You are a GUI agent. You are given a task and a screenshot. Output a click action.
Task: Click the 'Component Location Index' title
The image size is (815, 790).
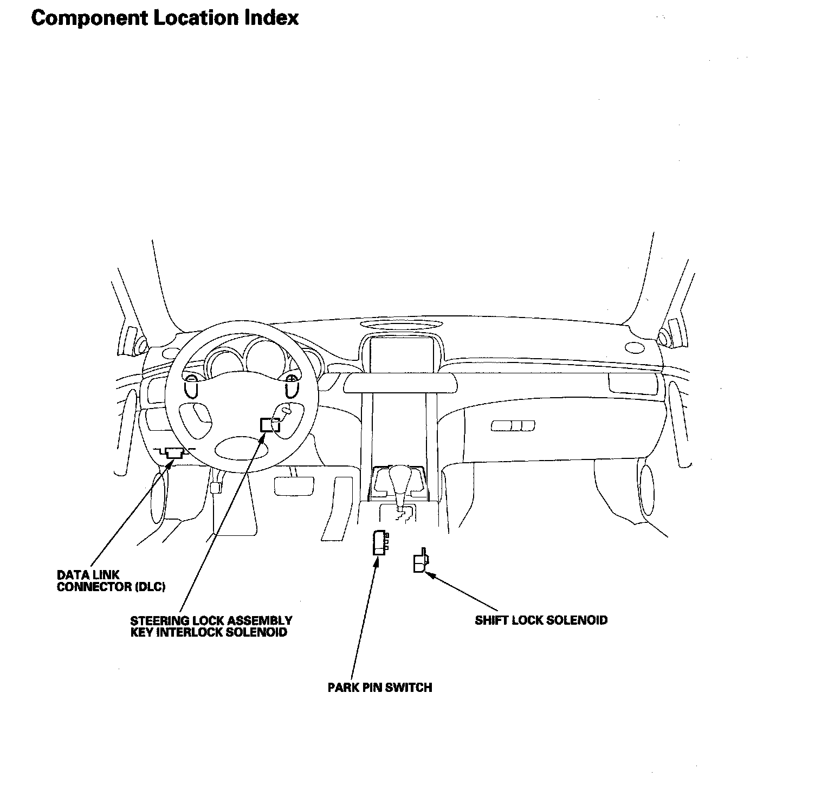tap(165, 18)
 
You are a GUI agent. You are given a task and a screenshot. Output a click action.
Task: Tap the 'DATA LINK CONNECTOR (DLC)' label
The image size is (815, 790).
tap(111, 581)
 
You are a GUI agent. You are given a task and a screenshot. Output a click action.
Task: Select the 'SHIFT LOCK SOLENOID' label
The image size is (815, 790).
tap(541, 620)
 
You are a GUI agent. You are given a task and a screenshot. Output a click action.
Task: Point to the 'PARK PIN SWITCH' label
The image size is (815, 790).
tap(380, 688)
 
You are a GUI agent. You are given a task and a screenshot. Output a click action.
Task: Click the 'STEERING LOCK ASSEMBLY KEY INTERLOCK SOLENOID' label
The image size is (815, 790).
tap(211, 626)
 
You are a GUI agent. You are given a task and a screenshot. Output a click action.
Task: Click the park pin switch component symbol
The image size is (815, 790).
tap(379, 542)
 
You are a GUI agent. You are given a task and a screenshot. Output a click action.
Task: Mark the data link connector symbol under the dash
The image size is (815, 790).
tap(174, 453)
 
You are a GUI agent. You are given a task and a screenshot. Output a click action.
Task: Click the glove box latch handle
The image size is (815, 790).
tap(513, 425)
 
